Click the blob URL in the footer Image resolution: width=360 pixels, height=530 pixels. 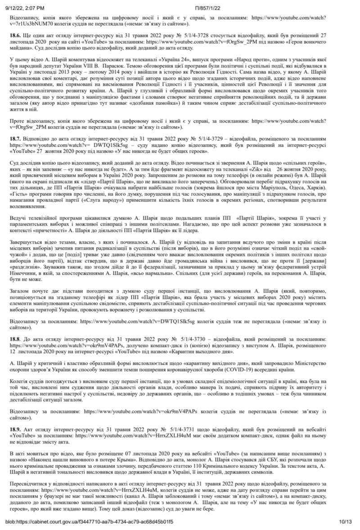[x=89, y=521]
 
